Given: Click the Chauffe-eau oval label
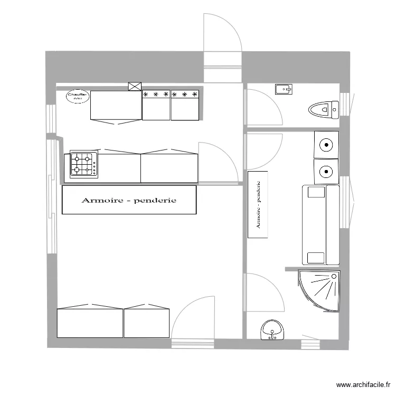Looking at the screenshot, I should (77, 97).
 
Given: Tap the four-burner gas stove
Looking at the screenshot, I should (83, 164).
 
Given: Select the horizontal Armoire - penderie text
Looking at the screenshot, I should (128, 201).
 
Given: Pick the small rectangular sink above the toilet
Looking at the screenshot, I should (283, 89).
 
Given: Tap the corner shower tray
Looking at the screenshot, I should (319, 290).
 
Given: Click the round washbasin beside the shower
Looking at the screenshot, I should (272, 331).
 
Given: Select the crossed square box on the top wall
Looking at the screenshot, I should (135, 87).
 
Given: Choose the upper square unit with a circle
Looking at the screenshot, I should (327, 144).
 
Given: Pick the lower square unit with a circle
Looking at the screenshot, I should (326, 171).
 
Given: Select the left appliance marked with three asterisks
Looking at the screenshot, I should (156, 106).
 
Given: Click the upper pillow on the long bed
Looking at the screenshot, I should (316, 192).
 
